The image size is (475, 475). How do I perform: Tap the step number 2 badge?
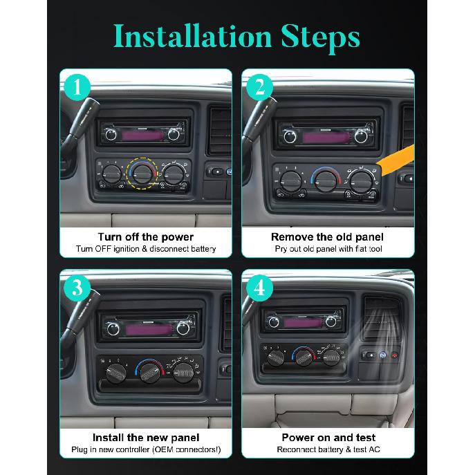coord(260,87)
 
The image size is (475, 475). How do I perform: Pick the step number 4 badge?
coord(260,288)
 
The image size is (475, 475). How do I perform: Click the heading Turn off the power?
coord(145,236)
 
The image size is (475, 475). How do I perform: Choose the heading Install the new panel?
coord(145,437)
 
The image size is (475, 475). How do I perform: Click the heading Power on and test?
coord(328,437)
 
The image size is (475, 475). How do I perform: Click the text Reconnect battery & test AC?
coord(328,449)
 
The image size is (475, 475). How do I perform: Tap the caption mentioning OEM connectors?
coord(145,449)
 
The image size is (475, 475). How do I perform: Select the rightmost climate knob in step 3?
coord(183,374)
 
